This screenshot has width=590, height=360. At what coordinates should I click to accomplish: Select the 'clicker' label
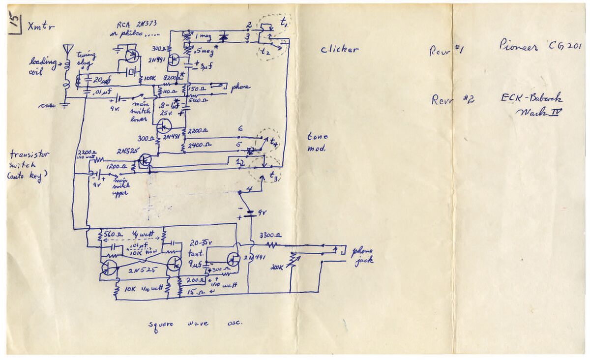pyautogui.click(x=339, y=49)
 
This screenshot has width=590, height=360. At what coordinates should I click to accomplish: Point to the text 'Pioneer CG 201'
pyautogui.click(x=540, y=47)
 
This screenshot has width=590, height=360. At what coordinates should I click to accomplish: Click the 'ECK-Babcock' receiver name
pyautogui.click(x=531, y=98)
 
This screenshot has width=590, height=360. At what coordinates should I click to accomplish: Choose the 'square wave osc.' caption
pyautogui.click(x=197, y=324)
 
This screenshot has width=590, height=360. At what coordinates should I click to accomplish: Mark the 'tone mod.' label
pyautogui.click(x=317, y=142)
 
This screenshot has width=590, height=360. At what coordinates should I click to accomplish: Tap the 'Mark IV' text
pyautogui.click(x=539, y=112)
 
